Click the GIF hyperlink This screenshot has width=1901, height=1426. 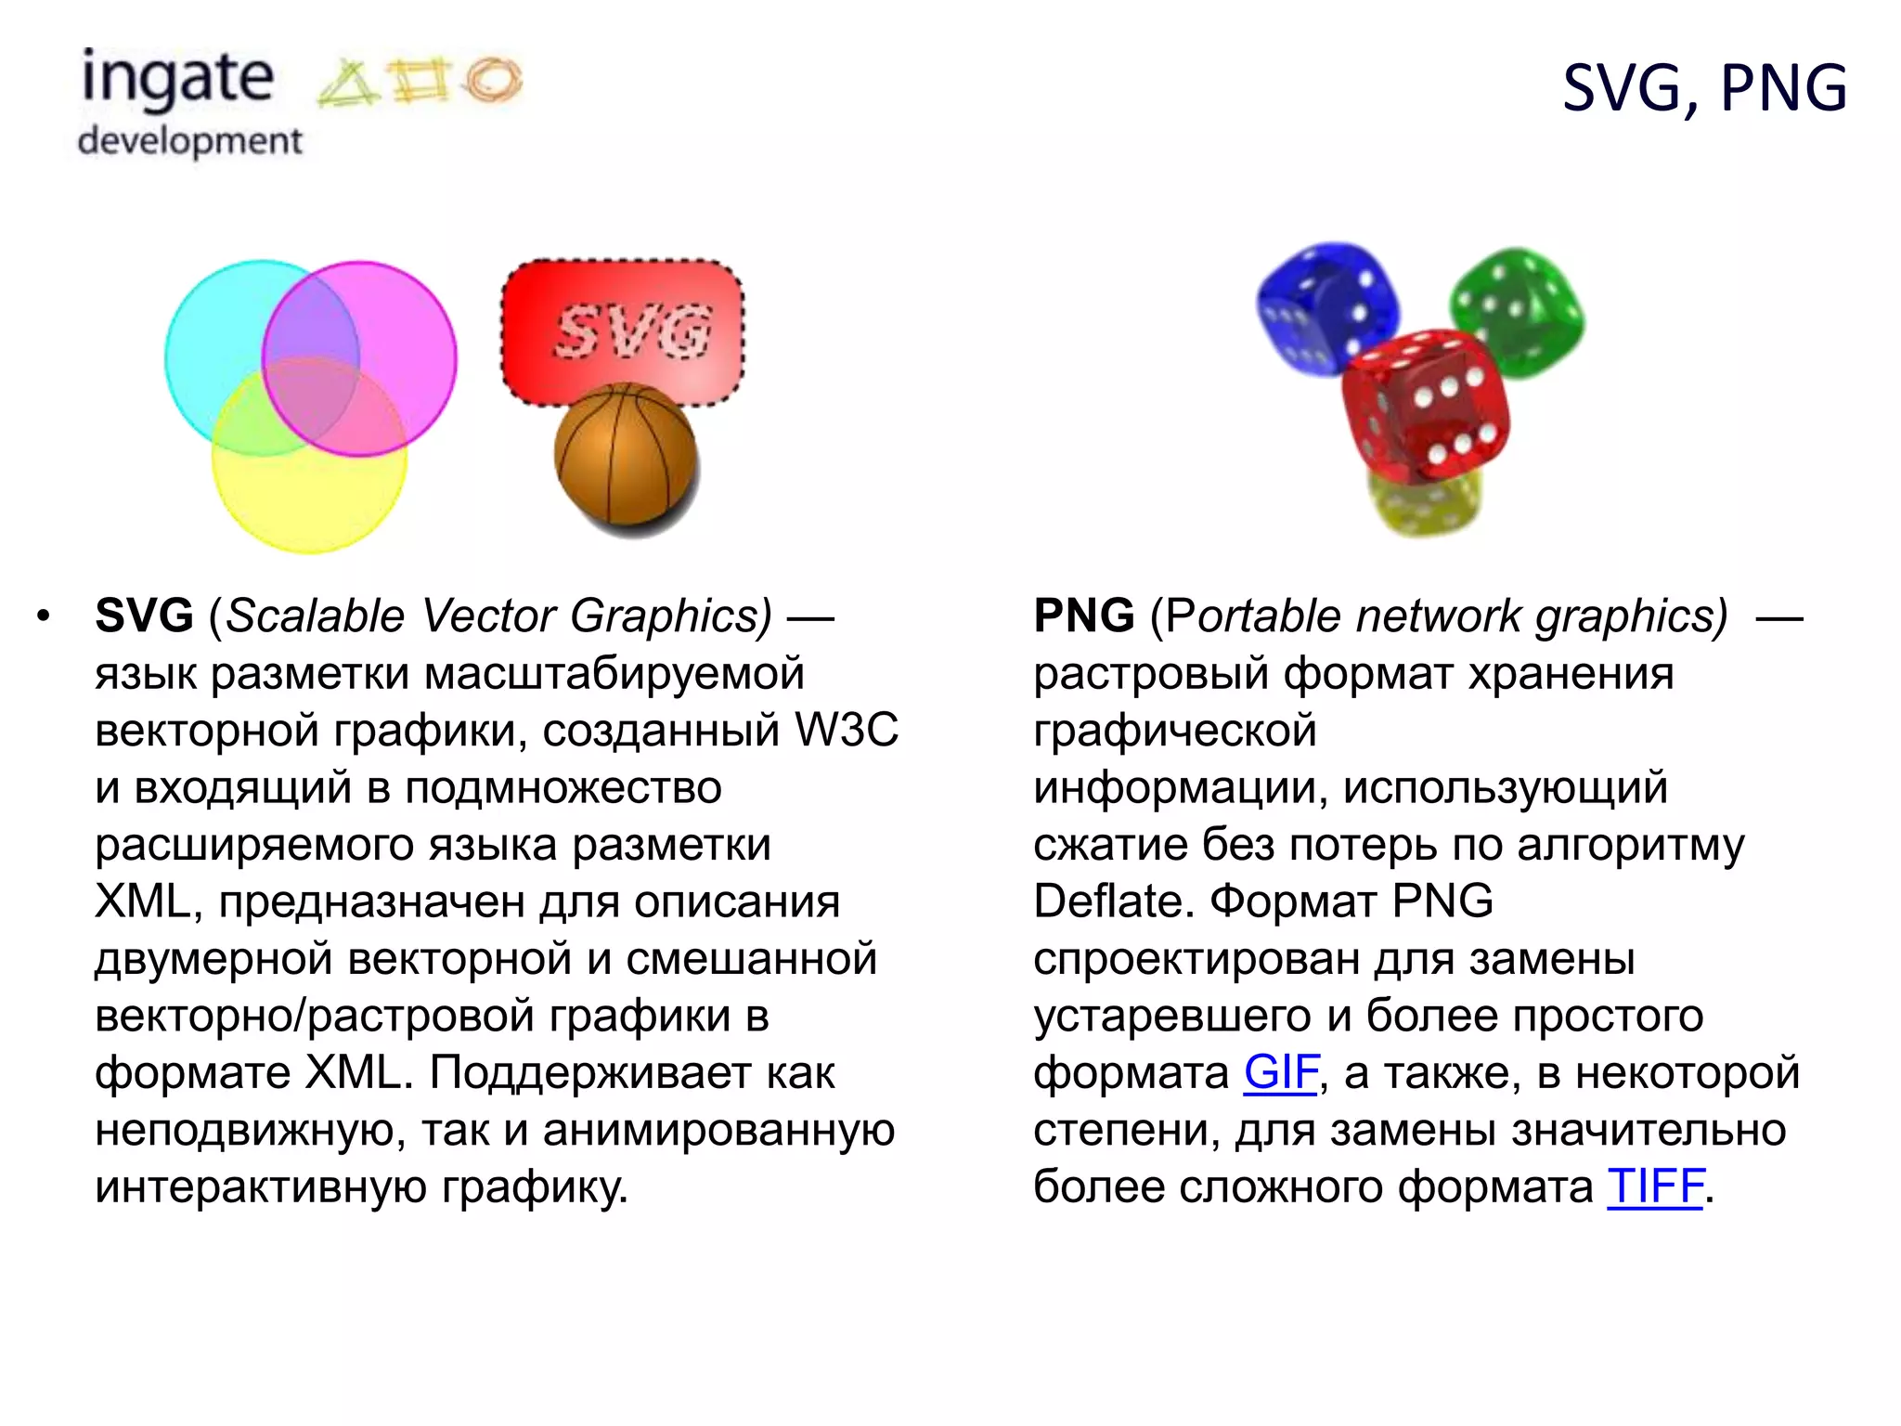click(1280, 1073)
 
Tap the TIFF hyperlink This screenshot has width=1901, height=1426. click(1655, 1186)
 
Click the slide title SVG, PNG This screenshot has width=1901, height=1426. click(1704, 88)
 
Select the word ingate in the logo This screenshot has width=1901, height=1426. click(177, 80)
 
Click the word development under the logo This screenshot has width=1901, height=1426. click(190, 141)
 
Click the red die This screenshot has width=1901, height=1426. click(1426, 404)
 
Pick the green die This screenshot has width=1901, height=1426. click(1519, 311)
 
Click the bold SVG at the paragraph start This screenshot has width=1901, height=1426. click(144, 616)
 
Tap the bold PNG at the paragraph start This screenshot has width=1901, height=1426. click(1083, 616)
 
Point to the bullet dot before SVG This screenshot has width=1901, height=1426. click(44, 617)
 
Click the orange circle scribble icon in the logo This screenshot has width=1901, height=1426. click(493, 80)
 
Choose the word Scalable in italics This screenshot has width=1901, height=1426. click(316, 616)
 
